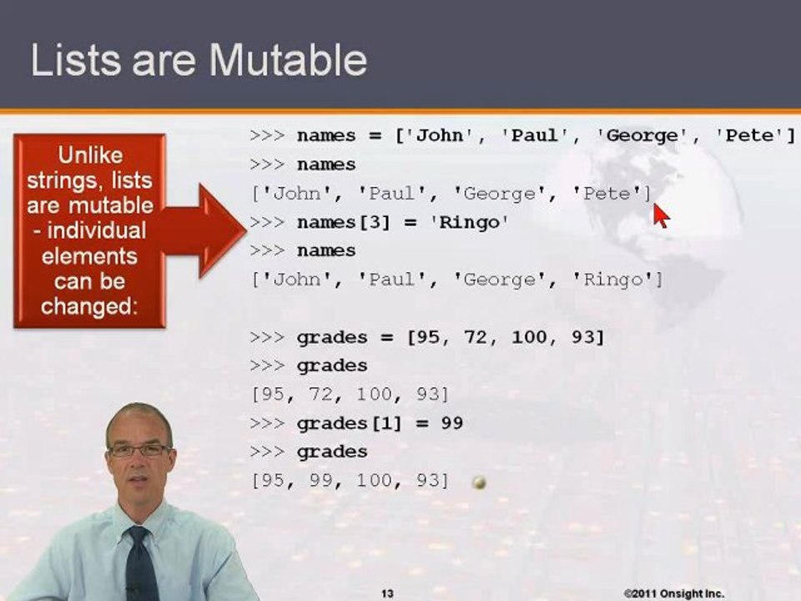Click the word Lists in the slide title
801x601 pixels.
(x=73, y=61)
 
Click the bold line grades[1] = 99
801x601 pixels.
(x=380, y=423)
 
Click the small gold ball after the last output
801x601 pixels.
(x=479, y=482)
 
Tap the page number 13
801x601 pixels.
(x=387, y=593)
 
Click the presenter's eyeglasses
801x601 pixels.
(x=139, y=450)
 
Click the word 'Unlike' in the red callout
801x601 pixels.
(x=89, y=155)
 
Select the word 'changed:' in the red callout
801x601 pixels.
(x=88, y=306)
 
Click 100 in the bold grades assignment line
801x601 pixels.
(x=527, y=337)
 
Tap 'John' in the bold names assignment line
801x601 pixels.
(x=439, y=136)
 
